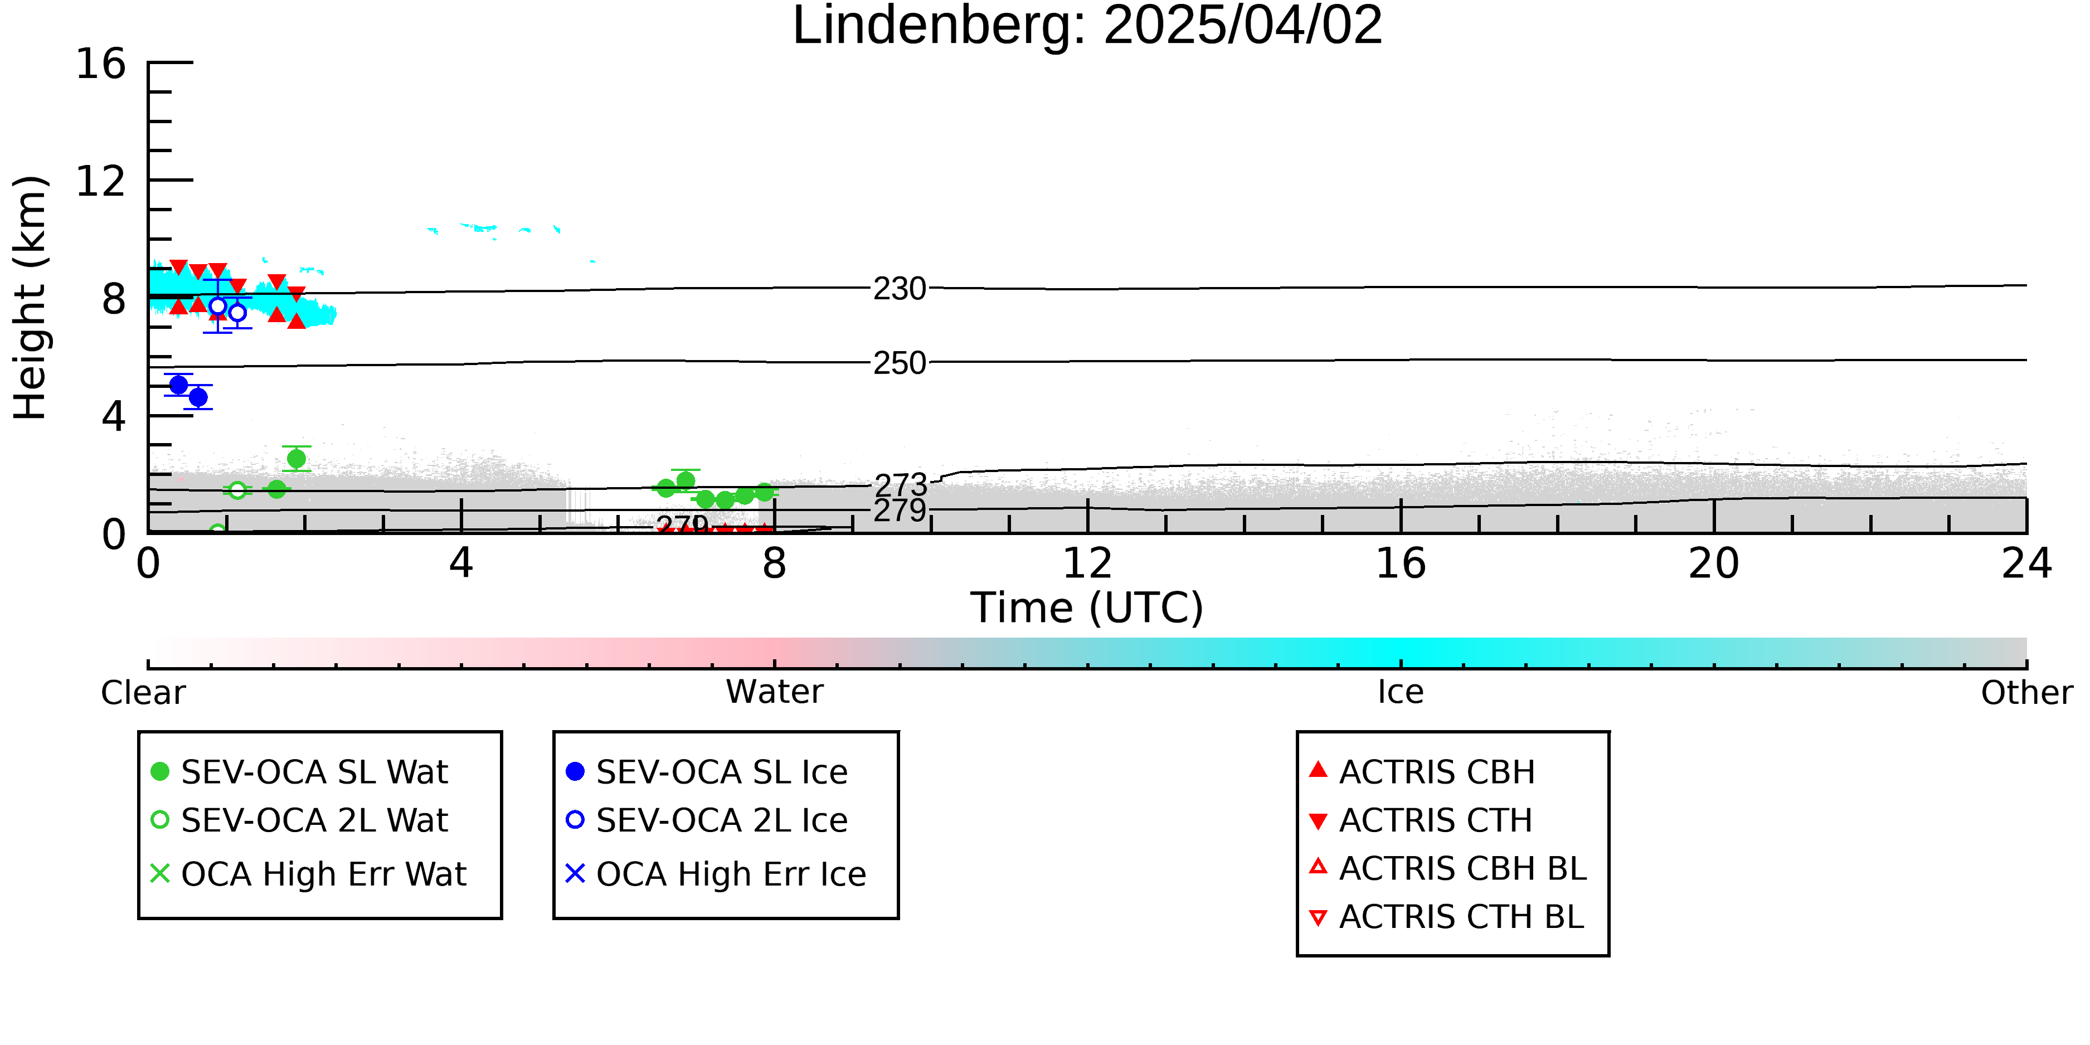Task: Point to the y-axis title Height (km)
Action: coord(31,298)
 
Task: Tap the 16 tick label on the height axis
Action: coord(101,64)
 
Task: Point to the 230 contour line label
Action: coord(900,289)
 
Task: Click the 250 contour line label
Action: coord(900,363)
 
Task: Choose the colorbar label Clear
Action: coord(143,693)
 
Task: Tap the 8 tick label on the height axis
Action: coord(114,299)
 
